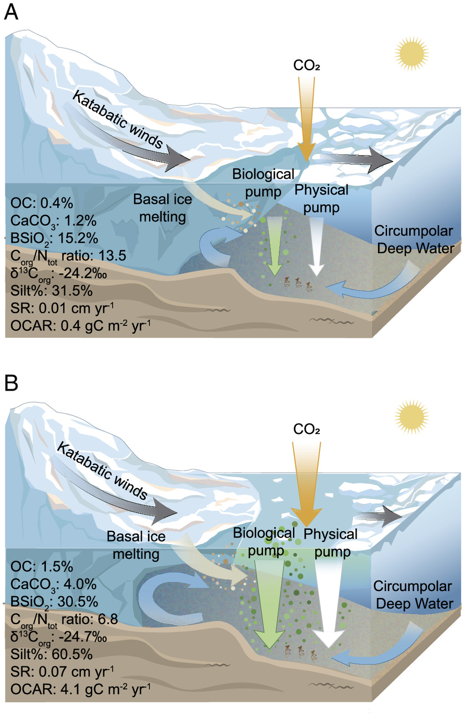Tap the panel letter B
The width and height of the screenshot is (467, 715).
[11, 383]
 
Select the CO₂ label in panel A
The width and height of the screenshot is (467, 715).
[307, 65]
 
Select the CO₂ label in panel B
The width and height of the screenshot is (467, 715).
[307, 429]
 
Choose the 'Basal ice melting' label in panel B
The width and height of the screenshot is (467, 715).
[136, 545]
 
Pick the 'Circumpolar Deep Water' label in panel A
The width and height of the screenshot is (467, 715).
[414, 239]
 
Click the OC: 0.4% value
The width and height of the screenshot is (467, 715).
[42, 203]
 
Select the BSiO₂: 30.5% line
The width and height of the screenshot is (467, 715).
[54, 602]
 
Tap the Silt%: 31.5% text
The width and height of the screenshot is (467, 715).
[51, 290]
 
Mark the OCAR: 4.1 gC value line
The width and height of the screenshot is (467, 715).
[80, 689]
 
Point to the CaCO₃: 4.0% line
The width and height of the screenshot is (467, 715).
[53, 584]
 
